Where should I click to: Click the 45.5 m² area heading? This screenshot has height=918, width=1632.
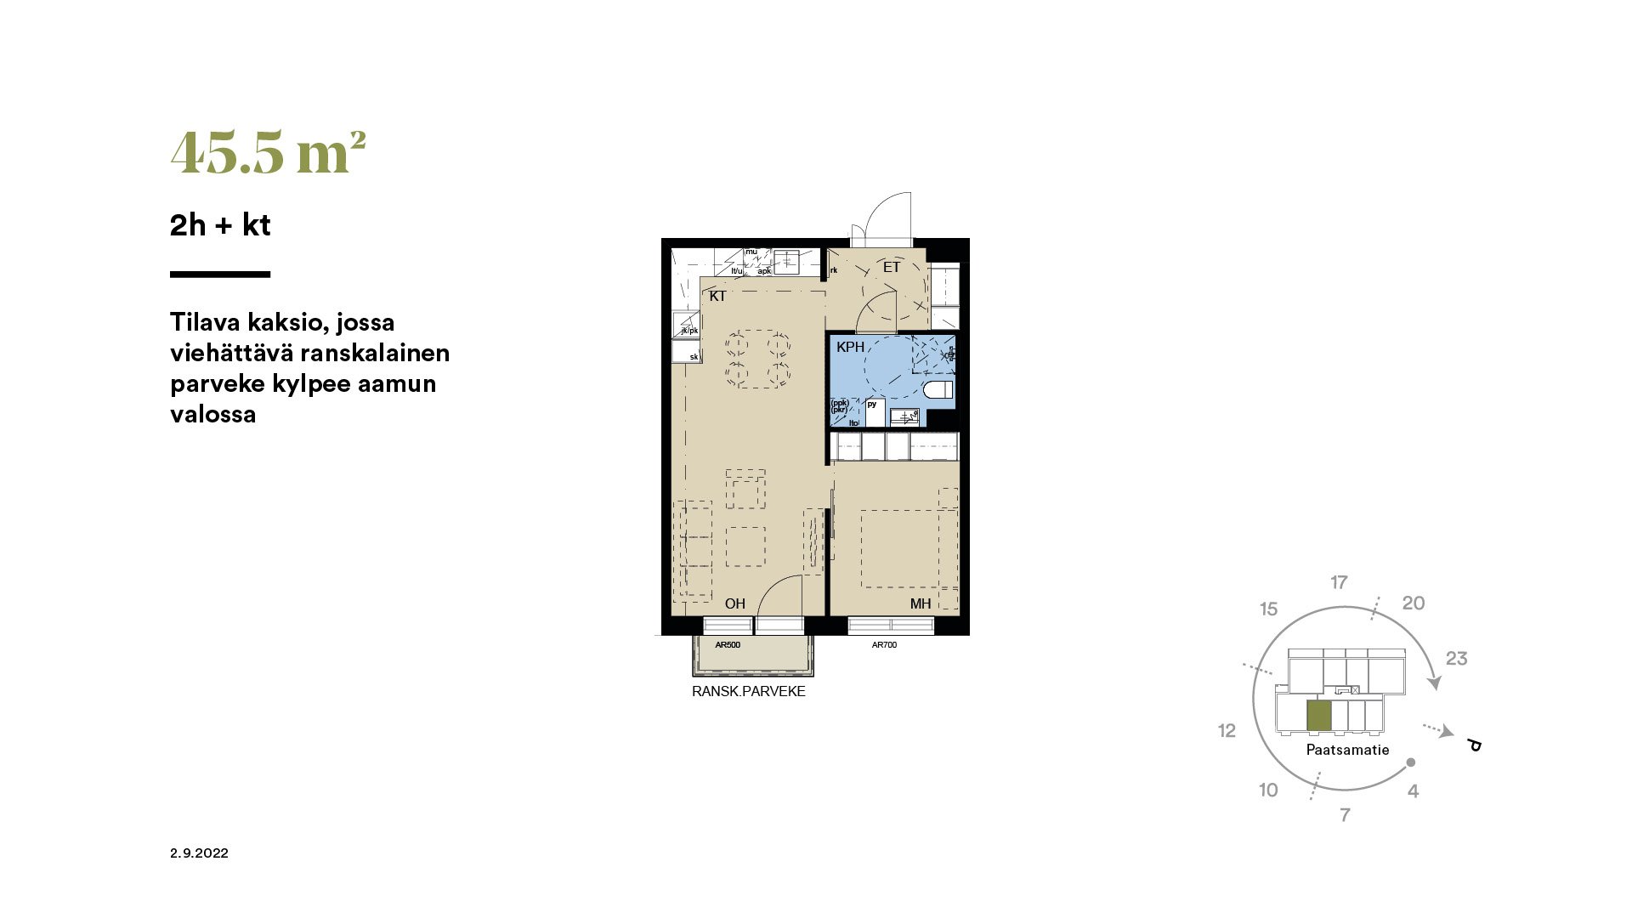click(268, 153)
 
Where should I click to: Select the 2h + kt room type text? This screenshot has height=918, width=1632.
click(220, 225)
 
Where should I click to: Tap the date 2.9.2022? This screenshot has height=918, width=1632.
click(199, 853)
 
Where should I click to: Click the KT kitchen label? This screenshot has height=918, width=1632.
click(717, 297)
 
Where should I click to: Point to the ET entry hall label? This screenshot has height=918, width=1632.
click(891, 268)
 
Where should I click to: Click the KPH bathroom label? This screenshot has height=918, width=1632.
click(850, 347)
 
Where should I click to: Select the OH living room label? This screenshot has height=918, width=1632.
click(734, 603)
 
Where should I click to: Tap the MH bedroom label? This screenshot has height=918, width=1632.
click(921, 603)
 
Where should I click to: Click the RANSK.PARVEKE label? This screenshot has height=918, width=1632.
click(748, 692)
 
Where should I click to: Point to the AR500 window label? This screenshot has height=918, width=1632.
click(728, 645)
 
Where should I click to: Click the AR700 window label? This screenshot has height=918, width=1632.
click(884, 645)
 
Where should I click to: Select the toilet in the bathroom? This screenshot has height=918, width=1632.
click(938, 391)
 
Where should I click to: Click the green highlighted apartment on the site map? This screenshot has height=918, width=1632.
click(1318, 717)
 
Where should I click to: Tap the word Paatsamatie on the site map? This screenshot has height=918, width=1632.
click(1347, 750)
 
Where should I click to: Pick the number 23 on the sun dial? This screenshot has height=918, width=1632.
click(1456, 659)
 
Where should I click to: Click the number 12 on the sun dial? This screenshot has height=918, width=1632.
click(1227, 731)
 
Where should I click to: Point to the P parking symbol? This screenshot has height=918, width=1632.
click(1475, 745)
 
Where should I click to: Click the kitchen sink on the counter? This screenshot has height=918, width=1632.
click(785, 260)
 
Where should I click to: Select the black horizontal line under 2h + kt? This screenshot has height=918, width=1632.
click(220, 275)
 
